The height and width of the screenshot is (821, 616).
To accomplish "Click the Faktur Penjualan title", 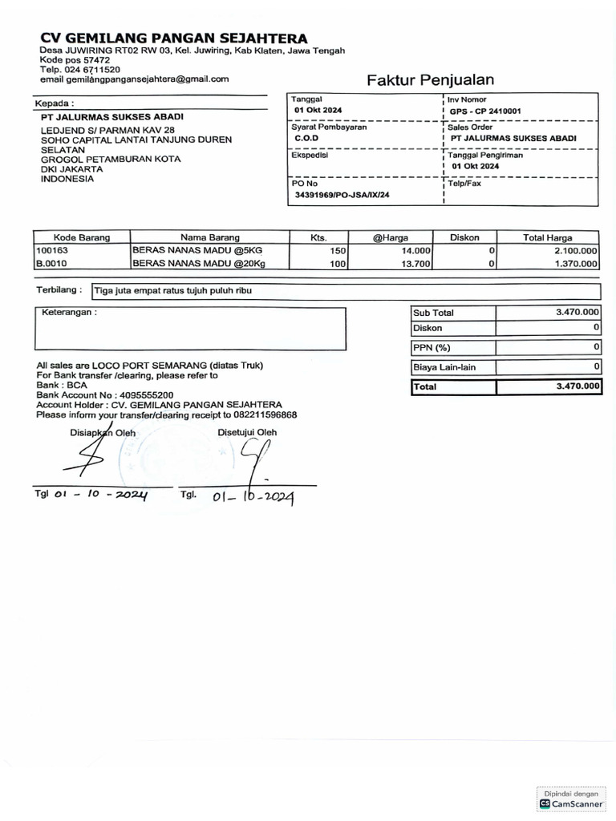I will (x=430, y=79).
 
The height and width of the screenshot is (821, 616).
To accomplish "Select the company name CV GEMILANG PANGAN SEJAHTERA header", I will (x=173, y=38).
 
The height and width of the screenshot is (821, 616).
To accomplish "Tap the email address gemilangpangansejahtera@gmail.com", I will (x=135, y=79).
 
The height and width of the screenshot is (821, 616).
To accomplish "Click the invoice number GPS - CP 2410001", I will (x=484, y=111).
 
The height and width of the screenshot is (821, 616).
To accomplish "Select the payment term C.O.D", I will (x=306, y=139).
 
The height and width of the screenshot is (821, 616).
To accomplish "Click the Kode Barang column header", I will (x=81, y=237).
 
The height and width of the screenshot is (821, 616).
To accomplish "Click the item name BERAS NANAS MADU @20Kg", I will (x=198, y=263).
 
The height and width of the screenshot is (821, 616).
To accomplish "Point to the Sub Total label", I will (x=433, y=313).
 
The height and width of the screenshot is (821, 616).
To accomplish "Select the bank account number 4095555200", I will (x=144, y=395).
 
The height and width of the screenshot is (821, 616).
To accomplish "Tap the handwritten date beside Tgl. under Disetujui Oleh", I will (x=253, y=497).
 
